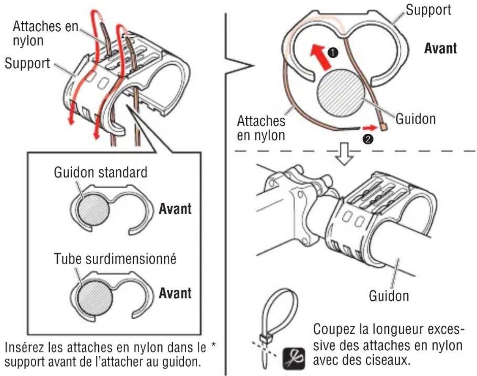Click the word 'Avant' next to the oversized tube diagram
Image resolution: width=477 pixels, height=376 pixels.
175,293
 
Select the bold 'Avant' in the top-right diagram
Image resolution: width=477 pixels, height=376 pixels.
440,48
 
